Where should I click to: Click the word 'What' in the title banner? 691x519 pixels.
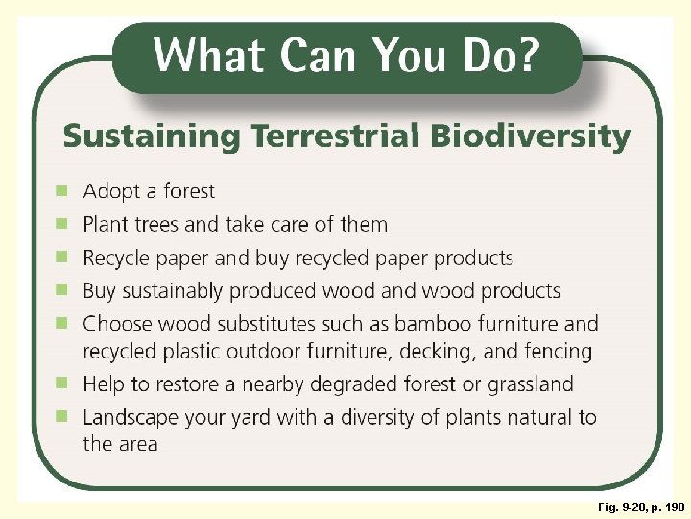tap(206, 55)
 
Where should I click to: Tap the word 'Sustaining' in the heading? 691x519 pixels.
tap(150, 137)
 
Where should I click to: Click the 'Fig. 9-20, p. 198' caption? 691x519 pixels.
tap(640, 507)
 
